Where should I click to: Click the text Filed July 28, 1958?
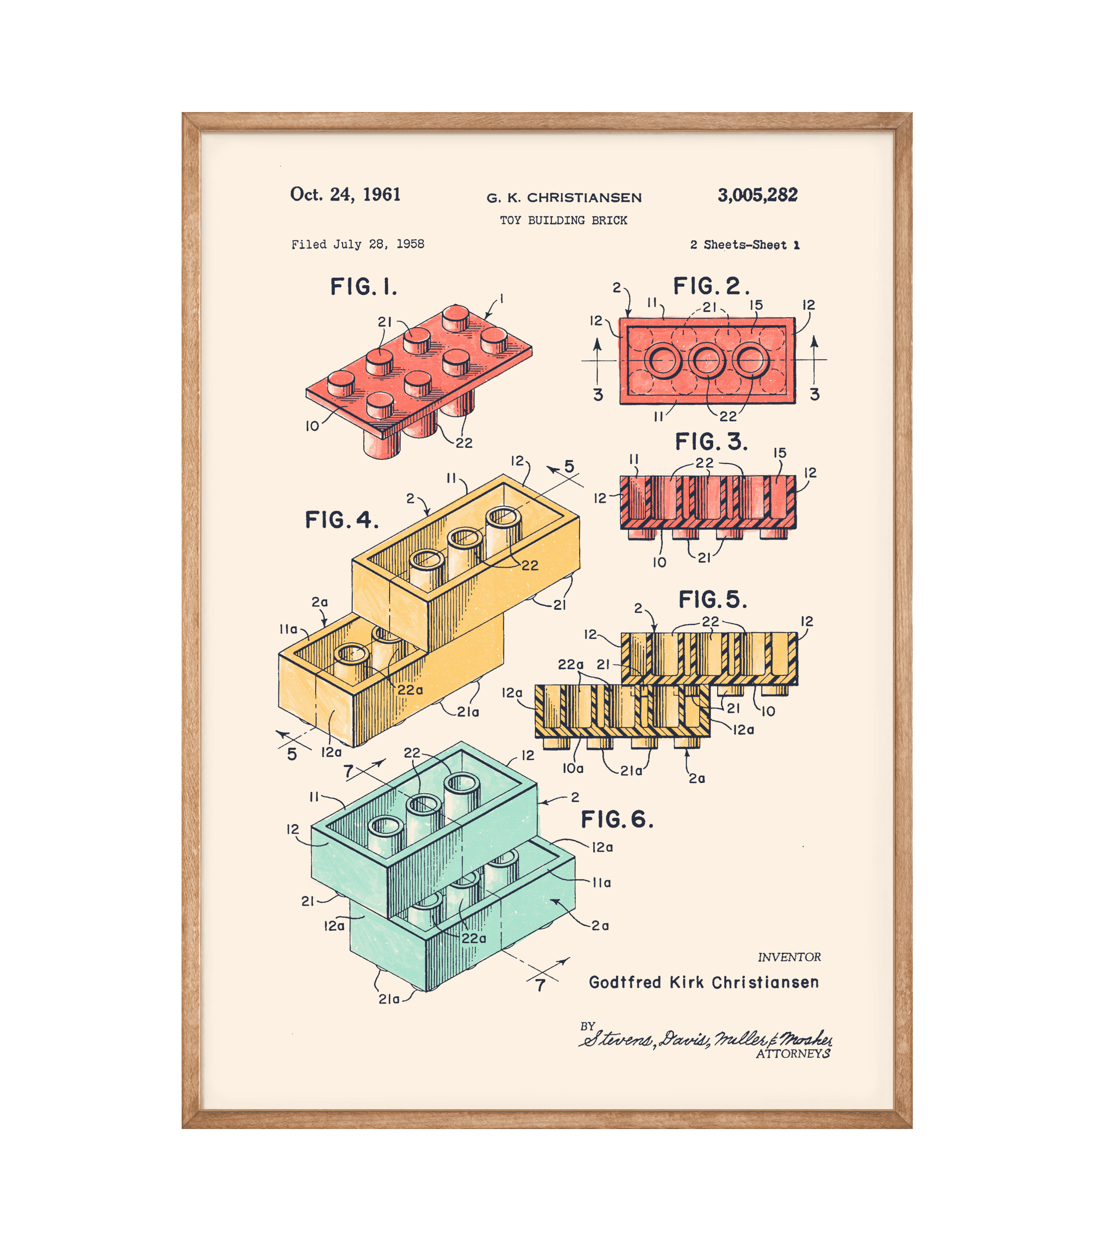(x=358, y=244)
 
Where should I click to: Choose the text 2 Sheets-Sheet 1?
(x=745, y=245)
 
